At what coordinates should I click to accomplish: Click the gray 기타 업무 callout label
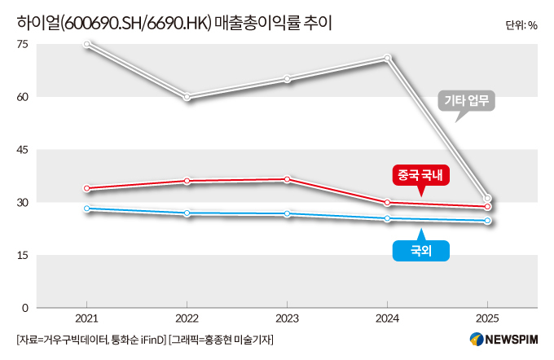[466, 101]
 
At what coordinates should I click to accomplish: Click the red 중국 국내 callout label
[421, 175]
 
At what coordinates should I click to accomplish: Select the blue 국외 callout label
[421, 251]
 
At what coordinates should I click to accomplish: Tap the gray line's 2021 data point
[87, 44]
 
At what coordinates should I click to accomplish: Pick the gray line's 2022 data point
[187, 97]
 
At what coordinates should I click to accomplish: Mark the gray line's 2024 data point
[387, 58]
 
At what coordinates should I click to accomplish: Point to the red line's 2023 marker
[288, 179]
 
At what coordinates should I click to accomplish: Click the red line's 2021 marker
[87, 188]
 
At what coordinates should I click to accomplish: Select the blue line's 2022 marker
[187, 213]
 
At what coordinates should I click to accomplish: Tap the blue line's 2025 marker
[487, 221]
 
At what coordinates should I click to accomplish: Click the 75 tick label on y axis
[22, 44]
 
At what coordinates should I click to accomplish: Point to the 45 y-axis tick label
[22, 150]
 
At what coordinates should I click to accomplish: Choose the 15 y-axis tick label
[22, 255]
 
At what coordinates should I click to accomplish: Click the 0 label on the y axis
[24, 308]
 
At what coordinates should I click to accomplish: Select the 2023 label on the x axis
[288, 318]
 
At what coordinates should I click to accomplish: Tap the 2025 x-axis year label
[487, 318]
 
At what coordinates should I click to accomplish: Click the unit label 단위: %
[521, 25]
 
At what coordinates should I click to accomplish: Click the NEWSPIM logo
[503, 340]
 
